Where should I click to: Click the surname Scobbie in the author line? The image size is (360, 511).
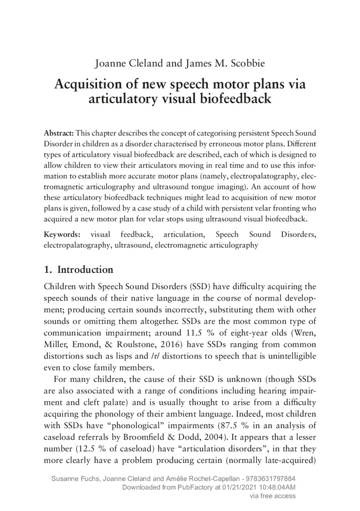pyautogui.click(x=244, y=64)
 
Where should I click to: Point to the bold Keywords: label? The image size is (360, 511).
pyautogui.click(x=62, y=235)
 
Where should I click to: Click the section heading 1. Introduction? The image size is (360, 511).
pyautogui.click(x=79, y=269)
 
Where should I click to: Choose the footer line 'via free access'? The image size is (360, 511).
pyautogui.click(x=272, y=495)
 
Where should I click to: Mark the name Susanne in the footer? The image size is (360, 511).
pyautogui.click(x=66, y=479)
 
